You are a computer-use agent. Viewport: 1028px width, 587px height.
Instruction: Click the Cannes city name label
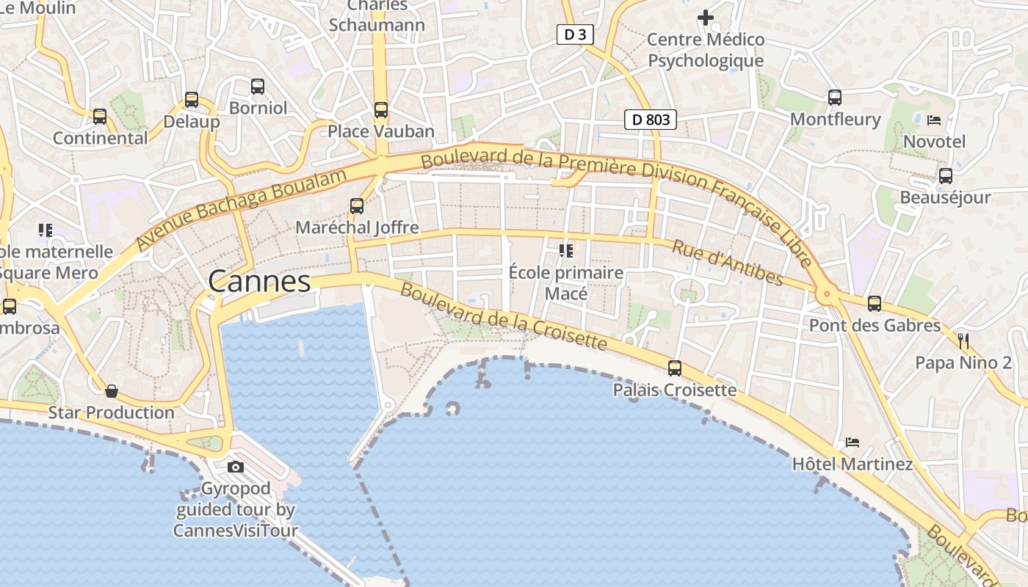click(259, 281)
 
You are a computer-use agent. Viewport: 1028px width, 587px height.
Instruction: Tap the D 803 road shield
click(650, 120)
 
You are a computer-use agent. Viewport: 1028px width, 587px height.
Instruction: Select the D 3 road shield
click(575, 34)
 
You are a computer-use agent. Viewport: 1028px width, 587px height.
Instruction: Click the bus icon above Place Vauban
click(380, 110)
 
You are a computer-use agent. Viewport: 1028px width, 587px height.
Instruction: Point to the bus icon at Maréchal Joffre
click(357, 206)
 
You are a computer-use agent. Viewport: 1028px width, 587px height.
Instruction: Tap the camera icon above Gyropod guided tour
click(236, 467)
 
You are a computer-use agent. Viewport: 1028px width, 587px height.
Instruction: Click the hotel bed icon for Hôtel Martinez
click(852, 442)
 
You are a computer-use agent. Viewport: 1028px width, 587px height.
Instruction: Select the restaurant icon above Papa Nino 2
click(963, 340)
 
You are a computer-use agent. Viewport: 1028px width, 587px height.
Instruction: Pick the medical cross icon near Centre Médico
click(706, 17)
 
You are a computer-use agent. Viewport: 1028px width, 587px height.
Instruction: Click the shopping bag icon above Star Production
click(112, 391)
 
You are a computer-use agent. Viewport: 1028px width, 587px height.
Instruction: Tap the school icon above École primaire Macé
click(565, 251)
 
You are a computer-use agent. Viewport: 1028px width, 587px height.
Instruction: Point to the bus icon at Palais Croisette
click(674, 368)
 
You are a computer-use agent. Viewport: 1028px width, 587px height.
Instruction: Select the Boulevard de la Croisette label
click(503, 316)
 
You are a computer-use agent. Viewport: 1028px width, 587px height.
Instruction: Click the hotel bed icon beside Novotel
click(934, 120)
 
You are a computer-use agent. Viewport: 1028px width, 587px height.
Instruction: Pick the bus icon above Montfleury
click(834, 98)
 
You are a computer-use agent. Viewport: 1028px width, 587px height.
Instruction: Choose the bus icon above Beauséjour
click(946, 176)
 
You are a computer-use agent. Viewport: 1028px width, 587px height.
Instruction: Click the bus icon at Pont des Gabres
click(874, 304)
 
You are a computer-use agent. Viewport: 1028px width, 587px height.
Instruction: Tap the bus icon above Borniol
click(257, 87)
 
